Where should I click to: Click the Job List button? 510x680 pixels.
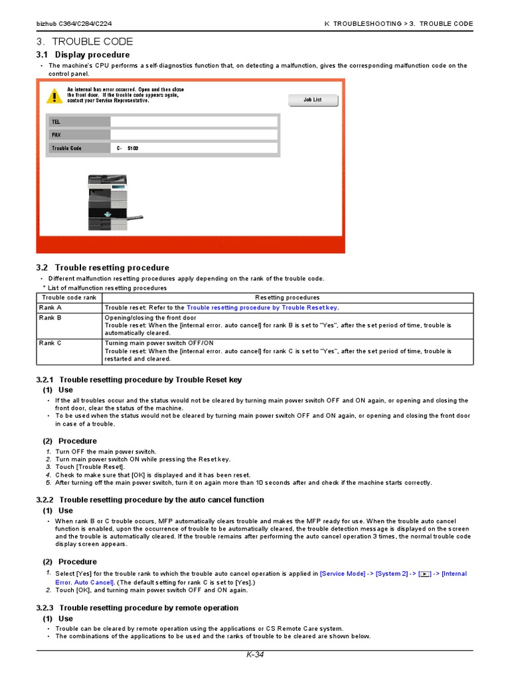point(313,100)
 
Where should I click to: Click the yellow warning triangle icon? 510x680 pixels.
point(54,96)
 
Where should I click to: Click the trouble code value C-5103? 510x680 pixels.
point(127,148)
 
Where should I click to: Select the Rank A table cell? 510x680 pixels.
point(69,308)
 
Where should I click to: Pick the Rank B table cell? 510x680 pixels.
point(69,318)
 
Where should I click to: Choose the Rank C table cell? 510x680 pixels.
point(69,343)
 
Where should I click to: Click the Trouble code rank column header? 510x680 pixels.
point(69,297)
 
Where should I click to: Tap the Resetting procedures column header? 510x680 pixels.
point(287,297)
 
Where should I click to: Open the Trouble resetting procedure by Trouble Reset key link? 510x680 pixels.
point(262,308)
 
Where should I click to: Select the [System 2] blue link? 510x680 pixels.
point(392,574)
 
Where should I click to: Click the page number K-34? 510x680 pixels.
point(255,655)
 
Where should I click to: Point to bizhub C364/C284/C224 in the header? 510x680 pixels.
point(74,24)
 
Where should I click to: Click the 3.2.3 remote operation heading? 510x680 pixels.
point(137,608)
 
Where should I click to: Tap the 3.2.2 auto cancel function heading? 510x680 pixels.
point(149,499)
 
